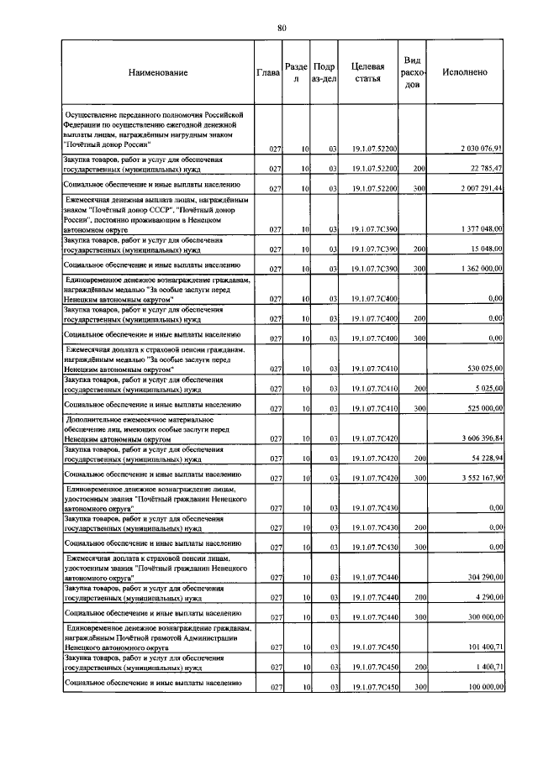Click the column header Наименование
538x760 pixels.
(x=158, y=73)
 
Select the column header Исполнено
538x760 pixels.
(x=465, y=73)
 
